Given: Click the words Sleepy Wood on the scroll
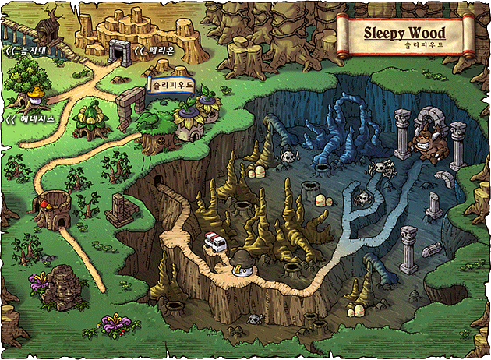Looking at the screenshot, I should click(404, 34).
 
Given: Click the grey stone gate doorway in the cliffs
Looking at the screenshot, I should click(119, 51).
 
